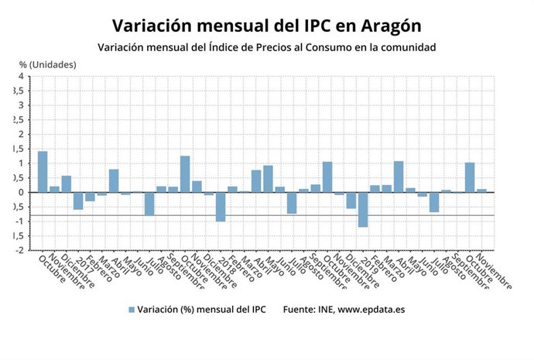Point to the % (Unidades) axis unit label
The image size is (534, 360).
48,64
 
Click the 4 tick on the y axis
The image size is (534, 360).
21,77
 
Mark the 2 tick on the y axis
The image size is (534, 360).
21,135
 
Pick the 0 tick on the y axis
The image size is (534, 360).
21,193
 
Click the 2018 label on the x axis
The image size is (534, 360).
226,265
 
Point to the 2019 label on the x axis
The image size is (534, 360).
368,265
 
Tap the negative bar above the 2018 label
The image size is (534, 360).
220,207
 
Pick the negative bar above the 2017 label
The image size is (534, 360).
78,201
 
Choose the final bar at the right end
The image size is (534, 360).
481,190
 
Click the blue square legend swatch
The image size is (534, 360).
132,310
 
